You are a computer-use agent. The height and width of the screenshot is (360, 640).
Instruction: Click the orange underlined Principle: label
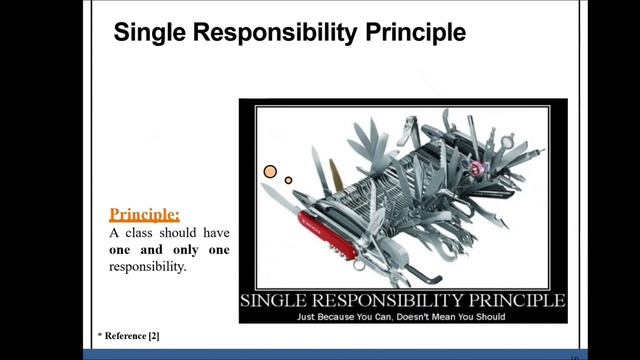pos(145,214)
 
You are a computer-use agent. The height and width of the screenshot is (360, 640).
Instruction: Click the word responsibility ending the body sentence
pos(148,268)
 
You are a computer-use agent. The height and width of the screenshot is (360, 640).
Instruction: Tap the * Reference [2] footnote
pos(128,338)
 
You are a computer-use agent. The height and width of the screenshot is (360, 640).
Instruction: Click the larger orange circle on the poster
pos(270,171)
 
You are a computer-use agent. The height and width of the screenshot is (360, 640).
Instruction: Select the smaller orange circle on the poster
pos(288,180)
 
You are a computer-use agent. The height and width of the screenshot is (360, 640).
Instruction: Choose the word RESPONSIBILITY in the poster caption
pos(394,300)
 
